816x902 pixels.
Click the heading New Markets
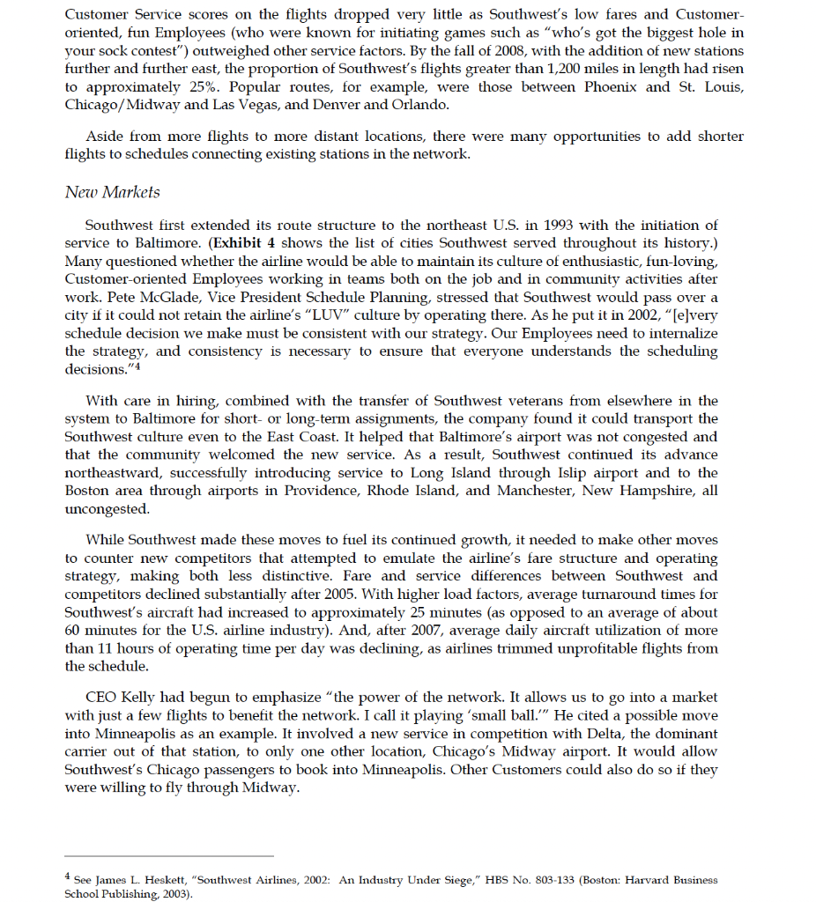112,192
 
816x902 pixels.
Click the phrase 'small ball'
497,716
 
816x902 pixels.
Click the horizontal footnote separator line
169,855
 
